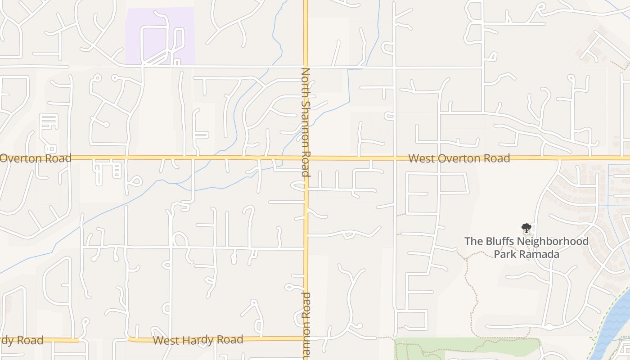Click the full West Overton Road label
pyautogui.click(x=459, y=158)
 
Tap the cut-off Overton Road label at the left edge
pyautogui.click(x=36, y=158)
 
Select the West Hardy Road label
pyautogui.click(x=198, y=340)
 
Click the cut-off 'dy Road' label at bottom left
pyautogui.click(x=22, y=340)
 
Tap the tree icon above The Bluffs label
pyautogui.click(x=526, y=228)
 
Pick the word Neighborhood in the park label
pyautogui.click(x=553, y=241)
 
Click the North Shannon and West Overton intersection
pyautogui.click(x=306, y=158)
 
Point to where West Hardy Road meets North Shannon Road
pyautogui.click(x=306, y=338)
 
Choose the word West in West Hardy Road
pyautogui.click(x=165, y=340)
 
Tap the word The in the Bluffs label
pyautogui.click(x=472, y=241)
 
